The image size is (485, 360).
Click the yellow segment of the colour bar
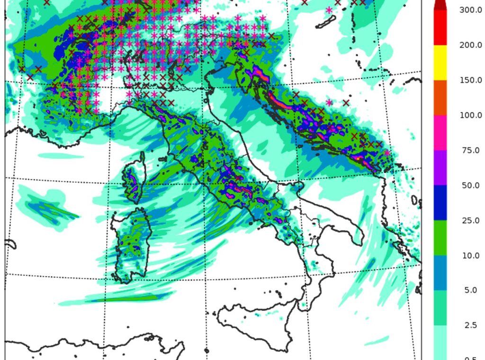440,63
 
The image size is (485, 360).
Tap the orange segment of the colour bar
440,98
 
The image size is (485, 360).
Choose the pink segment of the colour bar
440,133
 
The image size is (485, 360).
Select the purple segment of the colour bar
440,168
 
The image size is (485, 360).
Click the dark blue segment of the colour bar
440,203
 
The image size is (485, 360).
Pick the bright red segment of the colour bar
440,27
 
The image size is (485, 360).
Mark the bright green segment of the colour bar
440,238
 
